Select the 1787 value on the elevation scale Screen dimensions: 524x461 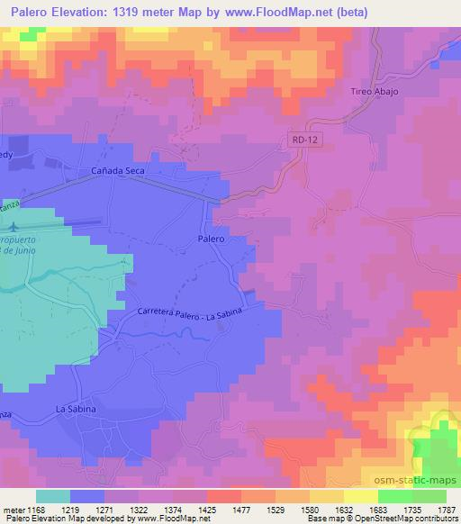[445, 508]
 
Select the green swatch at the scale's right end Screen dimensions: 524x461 [429, 495]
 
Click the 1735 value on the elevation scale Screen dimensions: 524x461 [409, 508]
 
